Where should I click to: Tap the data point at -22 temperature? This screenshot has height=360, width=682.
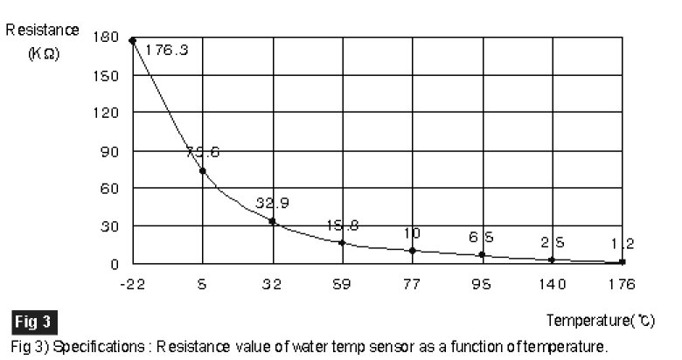click(132, 40)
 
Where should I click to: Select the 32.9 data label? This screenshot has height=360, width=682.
click(272, 203)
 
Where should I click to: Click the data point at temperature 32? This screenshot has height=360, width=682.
click(273, 221)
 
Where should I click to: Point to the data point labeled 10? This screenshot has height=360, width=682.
click(412, 250)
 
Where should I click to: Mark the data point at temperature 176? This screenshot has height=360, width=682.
click(622, 261)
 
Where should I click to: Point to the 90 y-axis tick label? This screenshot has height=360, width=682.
click(110, 151)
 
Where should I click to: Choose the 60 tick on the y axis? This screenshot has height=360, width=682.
click(110, 188)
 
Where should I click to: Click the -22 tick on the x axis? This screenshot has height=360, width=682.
click(132, 284)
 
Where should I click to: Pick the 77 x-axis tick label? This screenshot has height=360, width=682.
click(412, 284)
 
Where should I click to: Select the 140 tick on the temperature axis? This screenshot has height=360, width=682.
click(551, 284)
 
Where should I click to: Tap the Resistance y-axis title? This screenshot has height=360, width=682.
click(43, 29)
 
